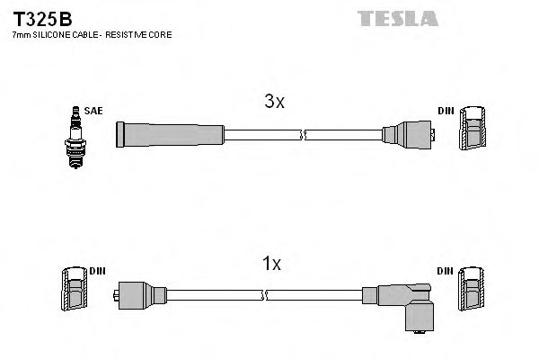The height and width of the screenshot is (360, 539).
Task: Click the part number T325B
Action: click(x=35, y=17)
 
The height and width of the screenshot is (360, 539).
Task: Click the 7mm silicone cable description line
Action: click(x=91, y=34)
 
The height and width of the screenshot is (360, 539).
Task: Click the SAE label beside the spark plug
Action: click(x=94, y=111)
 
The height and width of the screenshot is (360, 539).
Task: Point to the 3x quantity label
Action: click(x=274, y=102)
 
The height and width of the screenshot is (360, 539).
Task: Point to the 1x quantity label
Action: click(x=272, y=264)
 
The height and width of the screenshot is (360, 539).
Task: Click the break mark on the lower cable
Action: click(x=266, y=294)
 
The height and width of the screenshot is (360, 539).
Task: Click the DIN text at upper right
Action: click(x=446, y=111)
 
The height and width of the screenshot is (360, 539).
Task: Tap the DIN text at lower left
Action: click(x=97, y=270)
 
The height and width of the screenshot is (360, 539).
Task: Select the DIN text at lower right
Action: click(x=446, y=270)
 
